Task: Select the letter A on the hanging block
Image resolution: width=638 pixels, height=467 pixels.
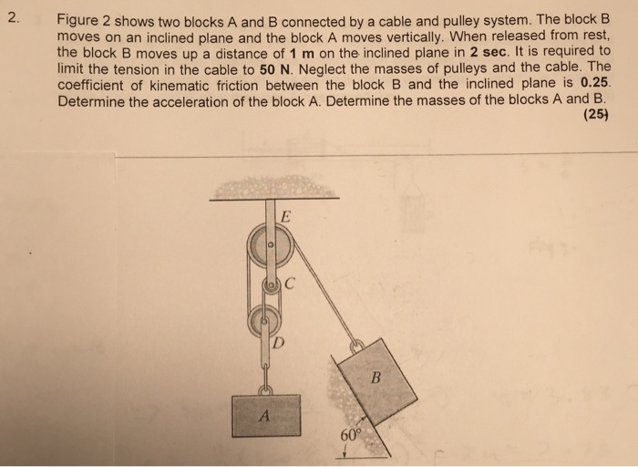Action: [x=264, y=415]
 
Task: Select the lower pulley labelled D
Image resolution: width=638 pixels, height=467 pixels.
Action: [x=263, y=319]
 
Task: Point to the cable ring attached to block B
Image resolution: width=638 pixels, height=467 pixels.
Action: [x=358, y=347]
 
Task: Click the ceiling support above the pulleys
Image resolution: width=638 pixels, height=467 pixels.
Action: [x=273, y=189]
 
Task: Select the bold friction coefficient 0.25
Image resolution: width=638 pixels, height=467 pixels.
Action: [x=593, y=85]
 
